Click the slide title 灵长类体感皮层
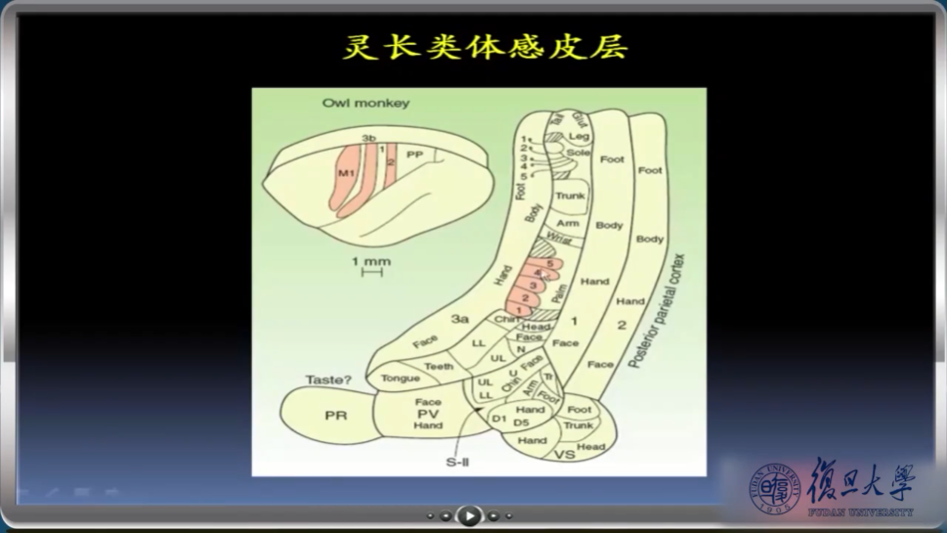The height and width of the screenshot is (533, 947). coord(485,47)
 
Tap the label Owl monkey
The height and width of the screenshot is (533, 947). coord(366,104)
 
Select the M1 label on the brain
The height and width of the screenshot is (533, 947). coord(346,173)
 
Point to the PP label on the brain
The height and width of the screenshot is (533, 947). coord(414,155)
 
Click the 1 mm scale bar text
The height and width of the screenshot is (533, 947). coord(371,261)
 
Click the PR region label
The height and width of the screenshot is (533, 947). coord(335,416)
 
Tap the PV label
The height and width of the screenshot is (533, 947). coord(428,414)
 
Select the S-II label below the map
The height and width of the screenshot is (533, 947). coord(458,462)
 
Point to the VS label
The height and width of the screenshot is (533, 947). coord(564,456)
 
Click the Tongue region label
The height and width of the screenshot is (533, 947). coord(400,378)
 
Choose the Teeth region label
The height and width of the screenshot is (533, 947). coord(439,367)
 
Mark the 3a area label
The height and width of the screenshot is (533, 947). coord(460,318)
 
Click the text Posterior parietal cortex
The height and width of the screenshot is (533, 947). coord(657,311)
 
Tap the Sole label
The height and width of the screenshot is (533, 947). coord(579,154)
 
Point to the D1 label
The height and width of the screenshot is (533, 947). coord(498,421)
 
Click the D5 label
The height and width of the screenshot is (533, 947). coord(522,422)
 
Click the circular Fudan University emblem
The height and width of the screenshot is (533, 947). coord(775,487)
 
